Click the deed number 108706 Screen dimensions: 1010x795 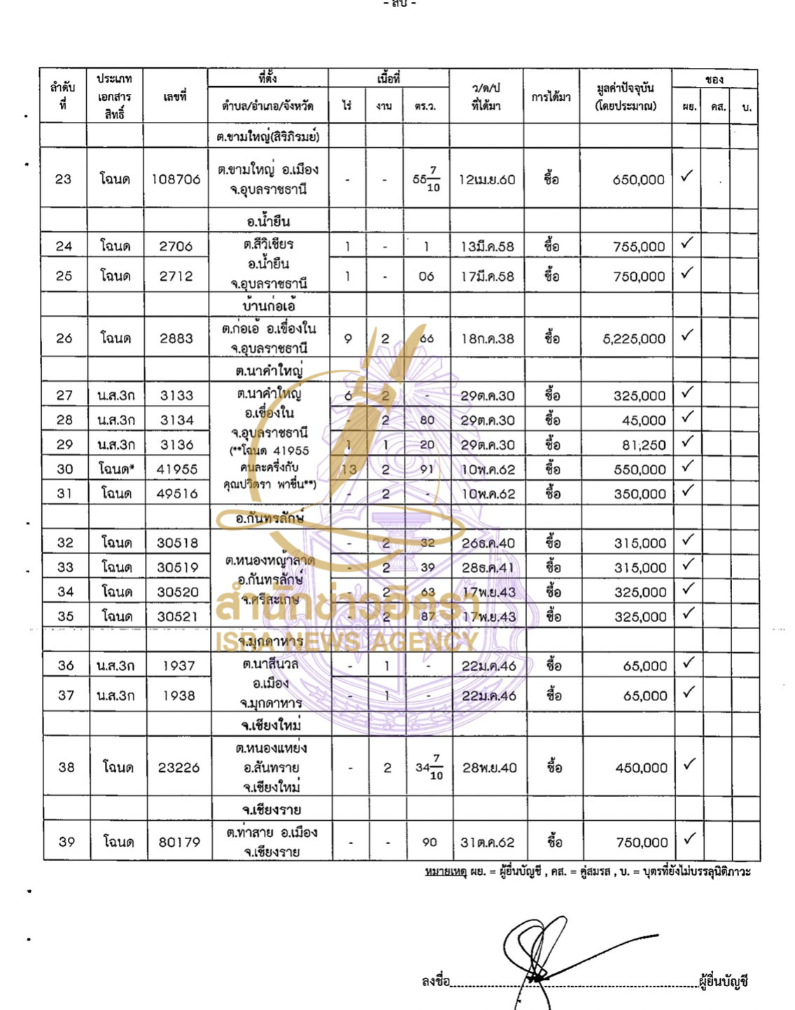[x=176, y=179]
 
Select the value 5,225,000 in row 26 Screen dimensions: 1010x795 [x=634, y=339]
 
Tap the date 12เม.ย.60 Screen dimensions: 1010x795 [x=486, y=179]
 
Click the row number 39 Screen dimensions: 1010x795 [x=66, y=842]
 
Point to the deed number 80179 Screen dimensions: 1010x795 [x=179, y=842]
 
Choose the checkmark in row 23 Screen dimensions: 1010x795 [x=687, y=176]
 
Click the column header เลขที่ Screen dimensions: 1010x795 [x=175, y=97]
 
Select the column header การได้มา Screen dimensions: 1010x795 [x=551, y=97]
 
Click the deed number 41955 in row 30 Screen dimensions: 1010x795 [x=177, y=469]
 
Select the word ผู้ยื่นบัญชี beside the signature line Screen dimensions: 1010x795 [x=724, y=981]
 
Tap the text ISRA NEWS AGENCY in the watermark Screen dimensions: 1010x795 [x=346, y=641]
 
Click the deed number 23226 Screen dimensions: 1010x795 [x=178, y=768]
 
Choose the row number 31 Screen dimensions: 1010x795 [x=64, y=494]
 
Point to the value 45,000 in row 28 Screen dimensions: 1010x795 [x=644, y=420]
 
